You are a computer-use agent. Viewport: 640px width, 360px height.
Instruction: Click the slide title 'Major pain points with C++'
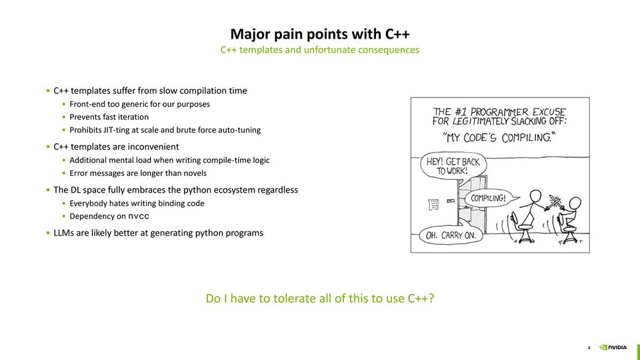tap(319, 34)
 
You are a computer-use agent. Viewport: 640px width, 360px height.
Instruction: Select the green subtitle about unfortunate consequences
tap(319, 50)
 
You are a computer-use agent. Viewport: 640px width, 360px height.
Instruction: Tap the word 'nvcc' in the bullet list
tap(139, 217)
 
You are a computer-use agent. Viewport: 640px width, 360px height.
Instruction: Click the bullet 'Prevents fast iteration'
tap(109, 117)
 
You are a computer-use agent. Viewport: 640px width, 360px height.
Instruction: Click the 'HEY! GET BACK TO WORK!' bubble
tap(451, 166)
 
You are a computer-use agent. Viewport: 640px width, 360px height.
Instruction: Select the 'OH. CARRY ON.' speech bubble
tap(451, 235)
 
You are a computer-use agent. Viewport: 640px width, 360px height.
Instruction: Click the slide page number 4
tap(589, 347)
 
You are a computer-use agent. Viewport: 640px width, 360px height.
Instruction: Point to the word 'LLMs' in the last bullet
tap(64, 233)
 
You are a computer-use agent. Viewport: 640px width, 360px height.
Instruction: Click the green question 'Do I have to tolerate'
tap(320, 299)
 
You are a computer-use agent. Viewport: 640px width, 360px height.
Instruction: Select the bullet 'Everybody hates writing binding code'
tap(137, 203)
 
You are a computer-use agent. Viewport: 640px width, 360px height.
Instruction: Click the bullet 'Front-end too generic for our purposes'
tap(139, 104)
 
